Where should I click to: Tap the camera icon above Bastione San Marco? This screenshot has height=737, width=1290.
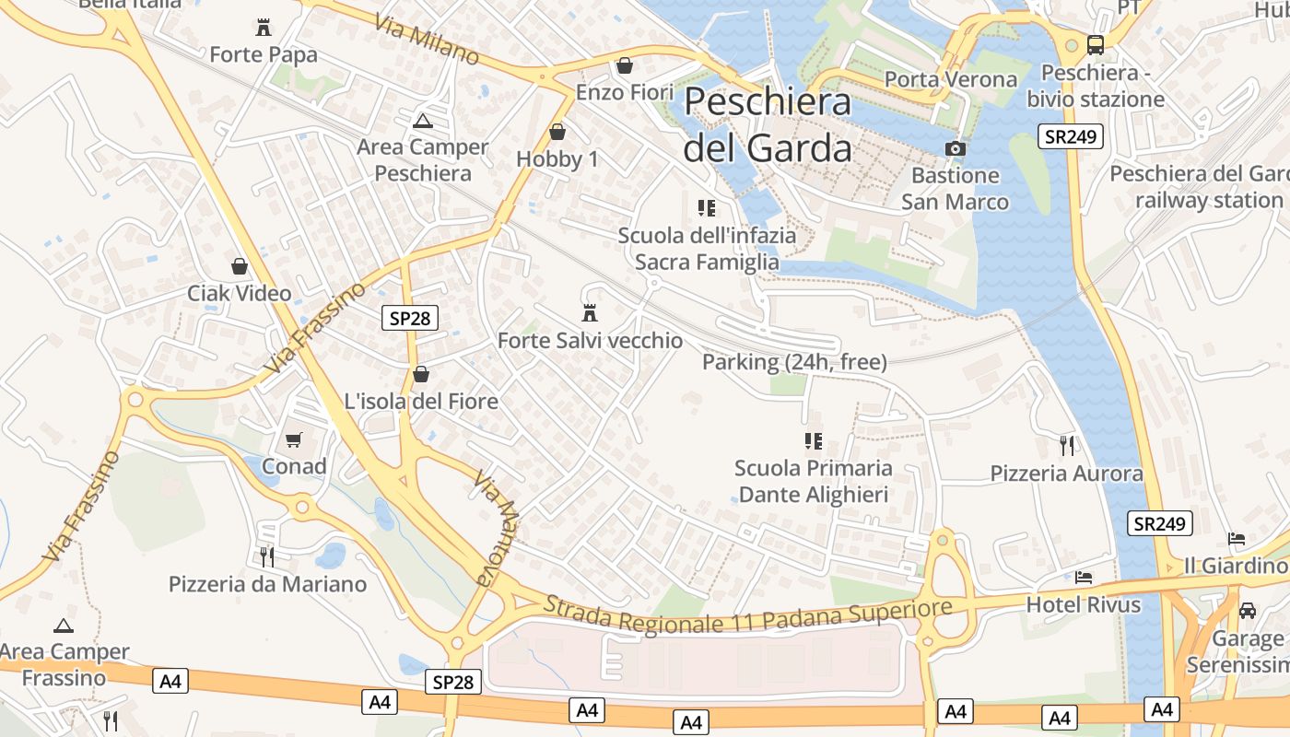[956, 148]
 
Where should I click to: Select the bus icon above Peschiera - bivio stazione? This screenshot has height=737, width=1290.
[1096, 44]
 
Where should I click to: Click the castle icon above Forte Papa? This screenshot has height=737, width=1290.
[264, 27]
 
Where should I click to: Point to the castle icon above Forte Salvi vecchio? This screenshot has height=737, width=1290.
[590, 312]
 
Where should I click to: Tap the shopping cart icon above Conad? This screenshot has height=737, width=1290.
[294, 439]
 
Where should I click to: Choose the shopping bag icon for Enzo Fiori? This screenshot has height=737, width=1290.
[625, 65]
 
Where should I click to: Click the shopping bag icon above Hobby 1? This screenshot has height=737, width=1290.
[557, 132]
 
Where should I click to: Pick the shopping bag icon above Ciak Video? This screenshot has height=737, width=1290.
[240, 266]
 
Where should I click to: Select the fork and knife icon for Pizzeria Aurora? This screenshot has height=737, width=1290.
[1067, 446]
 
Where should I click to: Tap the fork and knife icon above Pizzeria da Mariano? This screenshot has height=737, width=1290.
[267, 556]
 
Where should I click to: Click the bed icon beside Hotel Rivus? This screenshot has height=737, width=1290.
[1084, 578]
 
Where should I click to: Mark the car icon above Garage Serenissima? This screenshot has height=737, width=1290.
[1248, 610]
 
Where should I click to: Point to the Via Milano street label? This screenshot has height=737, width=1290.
[427, 39]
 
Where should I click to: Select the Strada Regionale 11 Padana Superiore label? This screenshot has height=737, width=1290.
[747, 614]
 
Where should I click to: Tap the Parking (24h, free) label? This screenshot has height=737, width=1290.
[794, 362]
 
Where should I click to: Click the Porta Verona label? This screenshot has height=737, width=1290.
[951, 79]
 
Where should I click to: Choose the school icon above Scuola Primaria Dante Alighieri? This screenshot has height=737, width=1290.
[813, 440]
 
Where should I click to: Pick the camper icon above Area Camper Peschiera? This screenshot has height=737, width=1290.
[422, 120]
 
